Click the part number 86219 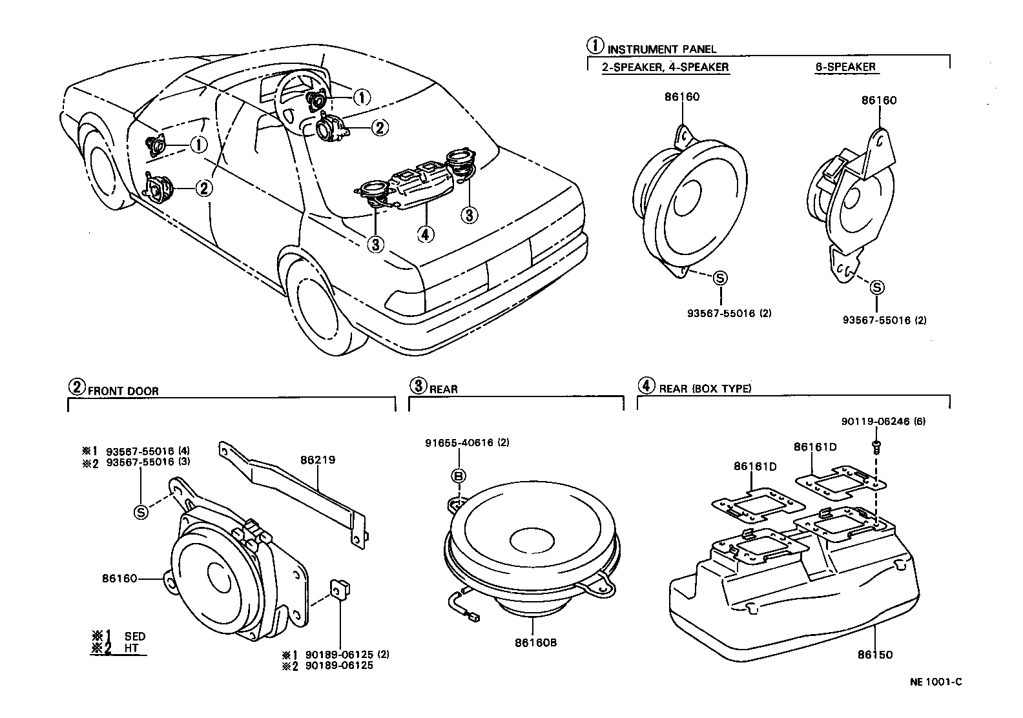pos(317,460)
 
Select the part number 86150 pos(874,654)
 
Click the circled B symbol pos(459,476)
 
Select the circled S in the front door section pos(141,512)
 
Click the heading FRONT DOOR pos(123,391)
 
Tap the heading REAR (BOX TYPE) pos(705,388)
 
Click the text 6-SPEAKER pos(845,67)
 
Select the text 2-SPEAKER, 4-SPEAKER pos(665,67)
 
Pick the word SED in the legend pos(134,637)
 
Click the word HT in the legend pos(131,648)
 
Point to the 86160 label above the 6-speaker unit pos(879,101)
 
